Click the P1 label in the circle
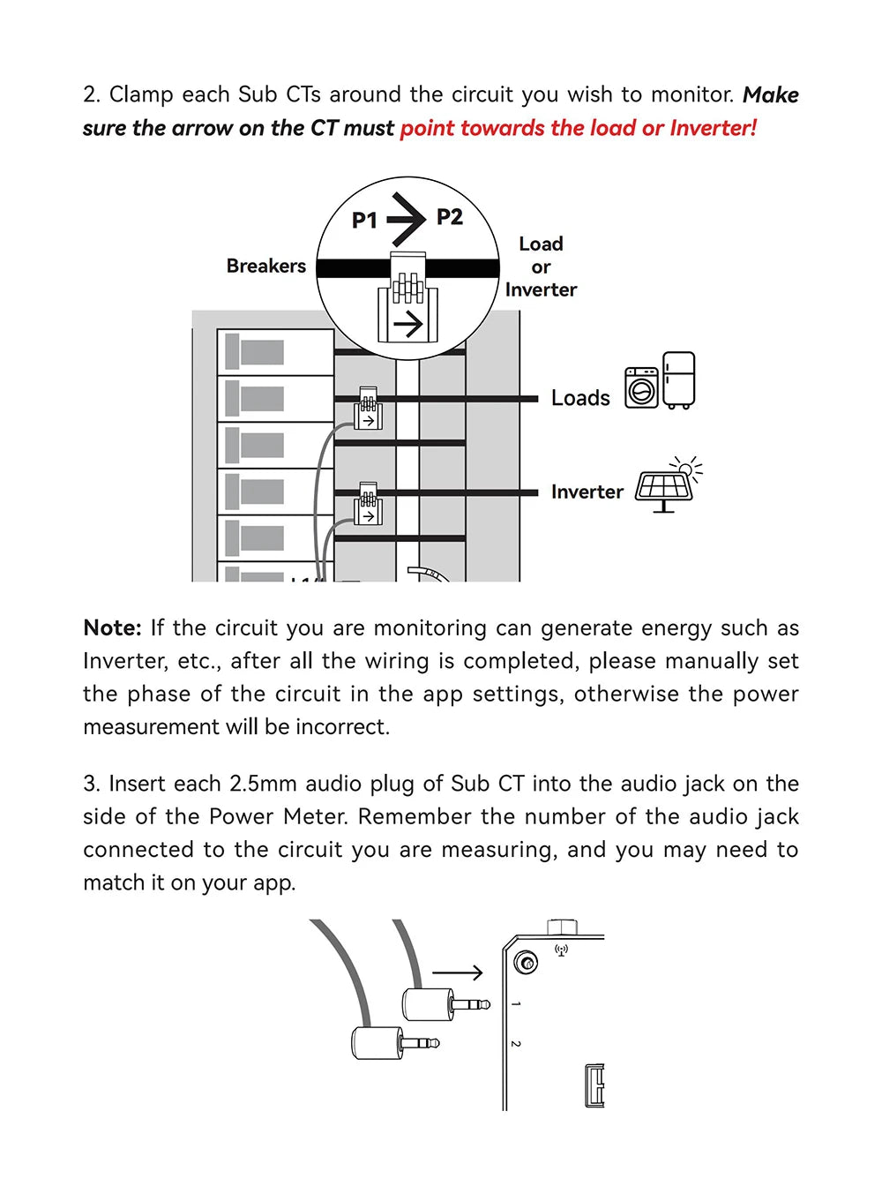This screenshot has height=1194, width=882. (364, 220)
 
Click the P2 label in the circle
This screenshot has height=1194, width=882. (450, 216)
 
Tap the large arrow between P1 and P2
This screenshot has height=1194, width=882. (407, 218)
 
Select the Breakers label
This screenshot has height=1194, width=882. (265, 266)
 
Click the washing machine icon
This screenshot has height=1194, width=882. (642, 387)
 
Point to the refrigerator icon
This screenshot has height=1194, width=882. (679, 380)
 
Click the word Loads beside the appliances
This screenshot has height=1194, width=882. (580, 398)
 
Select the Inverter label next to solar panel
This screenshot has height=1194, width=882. (587, 492)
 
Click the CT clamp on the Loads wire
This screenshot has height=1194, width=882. (368, 409)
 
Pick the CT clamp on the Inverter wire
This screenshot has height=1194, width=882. (368, 504)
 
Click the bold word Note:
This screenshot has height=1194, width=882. (112, 627)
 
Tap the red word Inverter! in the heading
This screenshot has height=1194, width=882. (713, 128)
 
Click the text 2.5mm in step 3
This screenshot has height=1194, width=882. (264, 784)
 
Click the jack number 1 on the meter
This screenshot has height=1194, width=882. (516, 1004)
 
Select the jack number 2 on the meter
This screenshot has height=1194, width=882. (516, 1044)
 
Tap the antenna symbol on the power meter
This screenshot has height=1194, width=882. (561, 950)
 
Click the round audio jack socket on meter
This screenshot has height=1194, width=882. (527, 962)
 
